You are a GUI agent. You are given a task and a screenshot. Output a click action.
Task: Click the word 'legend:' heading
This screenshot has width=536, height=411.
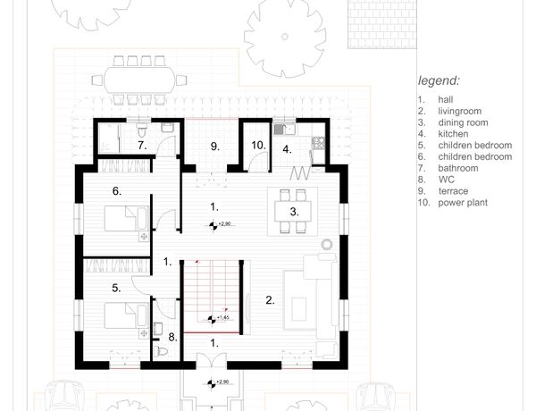point(439,81)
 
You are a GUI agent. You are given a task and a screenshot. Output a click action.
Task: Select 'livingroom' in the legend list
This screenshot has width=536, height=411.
point(459,111)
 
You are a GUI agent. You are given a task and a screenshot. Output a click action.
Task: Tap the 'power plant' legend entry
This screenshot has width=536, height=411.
point(463,203)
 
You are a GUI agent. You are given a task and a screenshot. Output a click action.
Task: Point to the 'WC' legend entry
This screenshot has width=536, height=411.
point(447,180)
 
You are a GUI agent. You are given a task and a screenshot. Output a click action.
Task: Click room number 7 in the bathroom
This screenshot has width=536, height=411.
point(142,146)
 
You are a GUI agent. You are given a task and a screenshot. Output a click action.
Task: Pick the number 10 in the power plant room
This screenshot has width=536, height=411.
point(258,146)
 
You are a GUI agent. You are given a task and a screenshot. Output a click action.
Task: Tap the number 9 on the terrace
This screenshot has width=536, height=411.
point(214,147)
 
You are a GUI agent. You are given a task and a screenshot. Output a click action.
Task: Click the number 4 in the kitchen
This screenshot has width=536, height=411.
point(287,149)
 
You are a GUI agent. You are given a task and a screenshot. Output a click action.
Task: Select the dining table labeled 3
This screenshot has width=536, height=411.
point(293,212)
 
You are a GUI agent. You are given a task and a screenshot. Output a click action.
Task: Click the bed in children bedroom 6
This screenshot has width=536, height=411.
point(127,219)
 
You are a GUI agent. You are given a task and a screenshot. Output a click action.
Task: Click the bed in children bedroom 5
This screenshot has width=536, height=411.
point(127,315)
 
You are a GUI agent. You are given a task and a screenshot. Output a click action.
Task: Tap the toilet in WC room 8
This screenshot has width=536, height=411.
point(160,351)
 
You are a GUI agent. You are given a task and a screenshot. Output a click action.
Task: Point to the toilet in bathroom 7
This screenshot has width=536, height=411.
point(141,130)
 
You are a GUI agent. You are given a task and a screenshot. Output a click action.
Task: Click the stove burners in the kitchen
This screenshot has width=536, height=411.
point(319,143)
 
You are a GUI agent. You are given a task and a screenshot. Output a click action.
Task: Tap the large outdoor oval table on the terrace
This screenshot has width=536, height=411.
point(139,80)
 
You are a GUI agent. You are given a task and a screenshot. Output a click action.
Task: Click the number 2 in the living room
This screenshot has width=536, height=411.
point(270,300)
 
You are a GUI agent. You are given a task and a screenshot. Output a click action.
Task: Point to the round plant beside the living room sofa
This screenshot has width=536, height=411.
point(327,245)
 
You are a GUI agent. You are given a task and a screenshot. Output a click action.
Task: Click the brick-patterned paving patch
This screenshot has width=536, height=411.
point(382,24)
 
